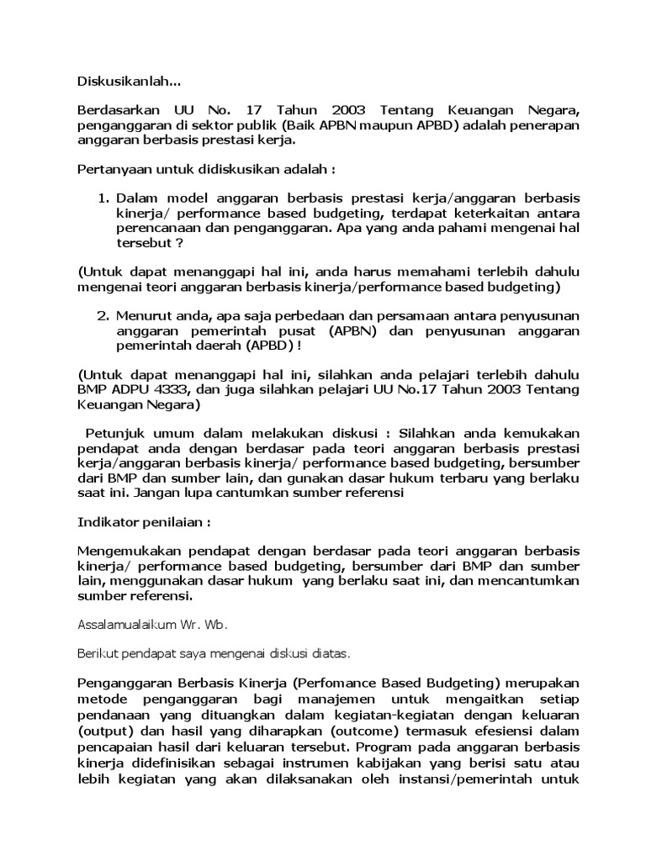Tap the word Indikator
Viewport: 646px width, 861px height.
click(107, 522)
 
